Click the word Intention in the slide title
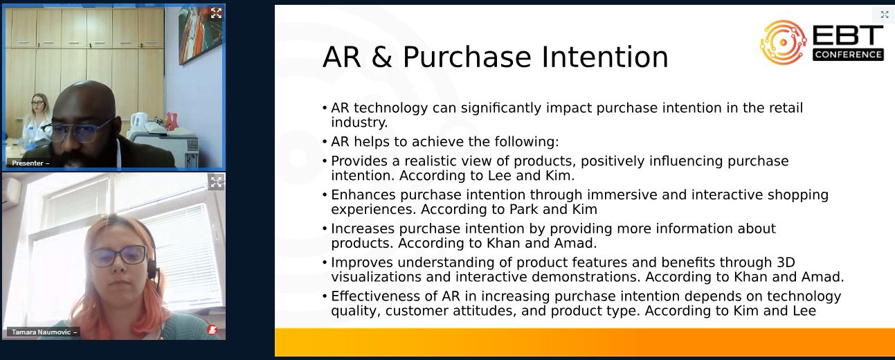pos(605,57)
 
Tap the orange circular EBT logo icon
pos(783,42)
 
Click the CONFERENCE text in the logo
pos(848,54)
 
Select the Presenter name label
pos(28,163)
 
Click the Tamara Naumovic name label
pos(43,332)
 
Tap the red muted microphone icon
pos(212,330)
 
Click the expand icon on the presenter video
pos(216,13)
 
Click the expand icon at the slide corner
pos(885,15)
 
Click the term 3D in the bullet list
pos(786,262)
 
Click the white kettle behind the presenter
pos(138,120)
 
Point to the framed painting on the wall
pos(200,34)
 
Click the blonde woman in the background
pos(37,119)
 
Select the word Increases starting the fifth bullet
pos(363,229)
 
